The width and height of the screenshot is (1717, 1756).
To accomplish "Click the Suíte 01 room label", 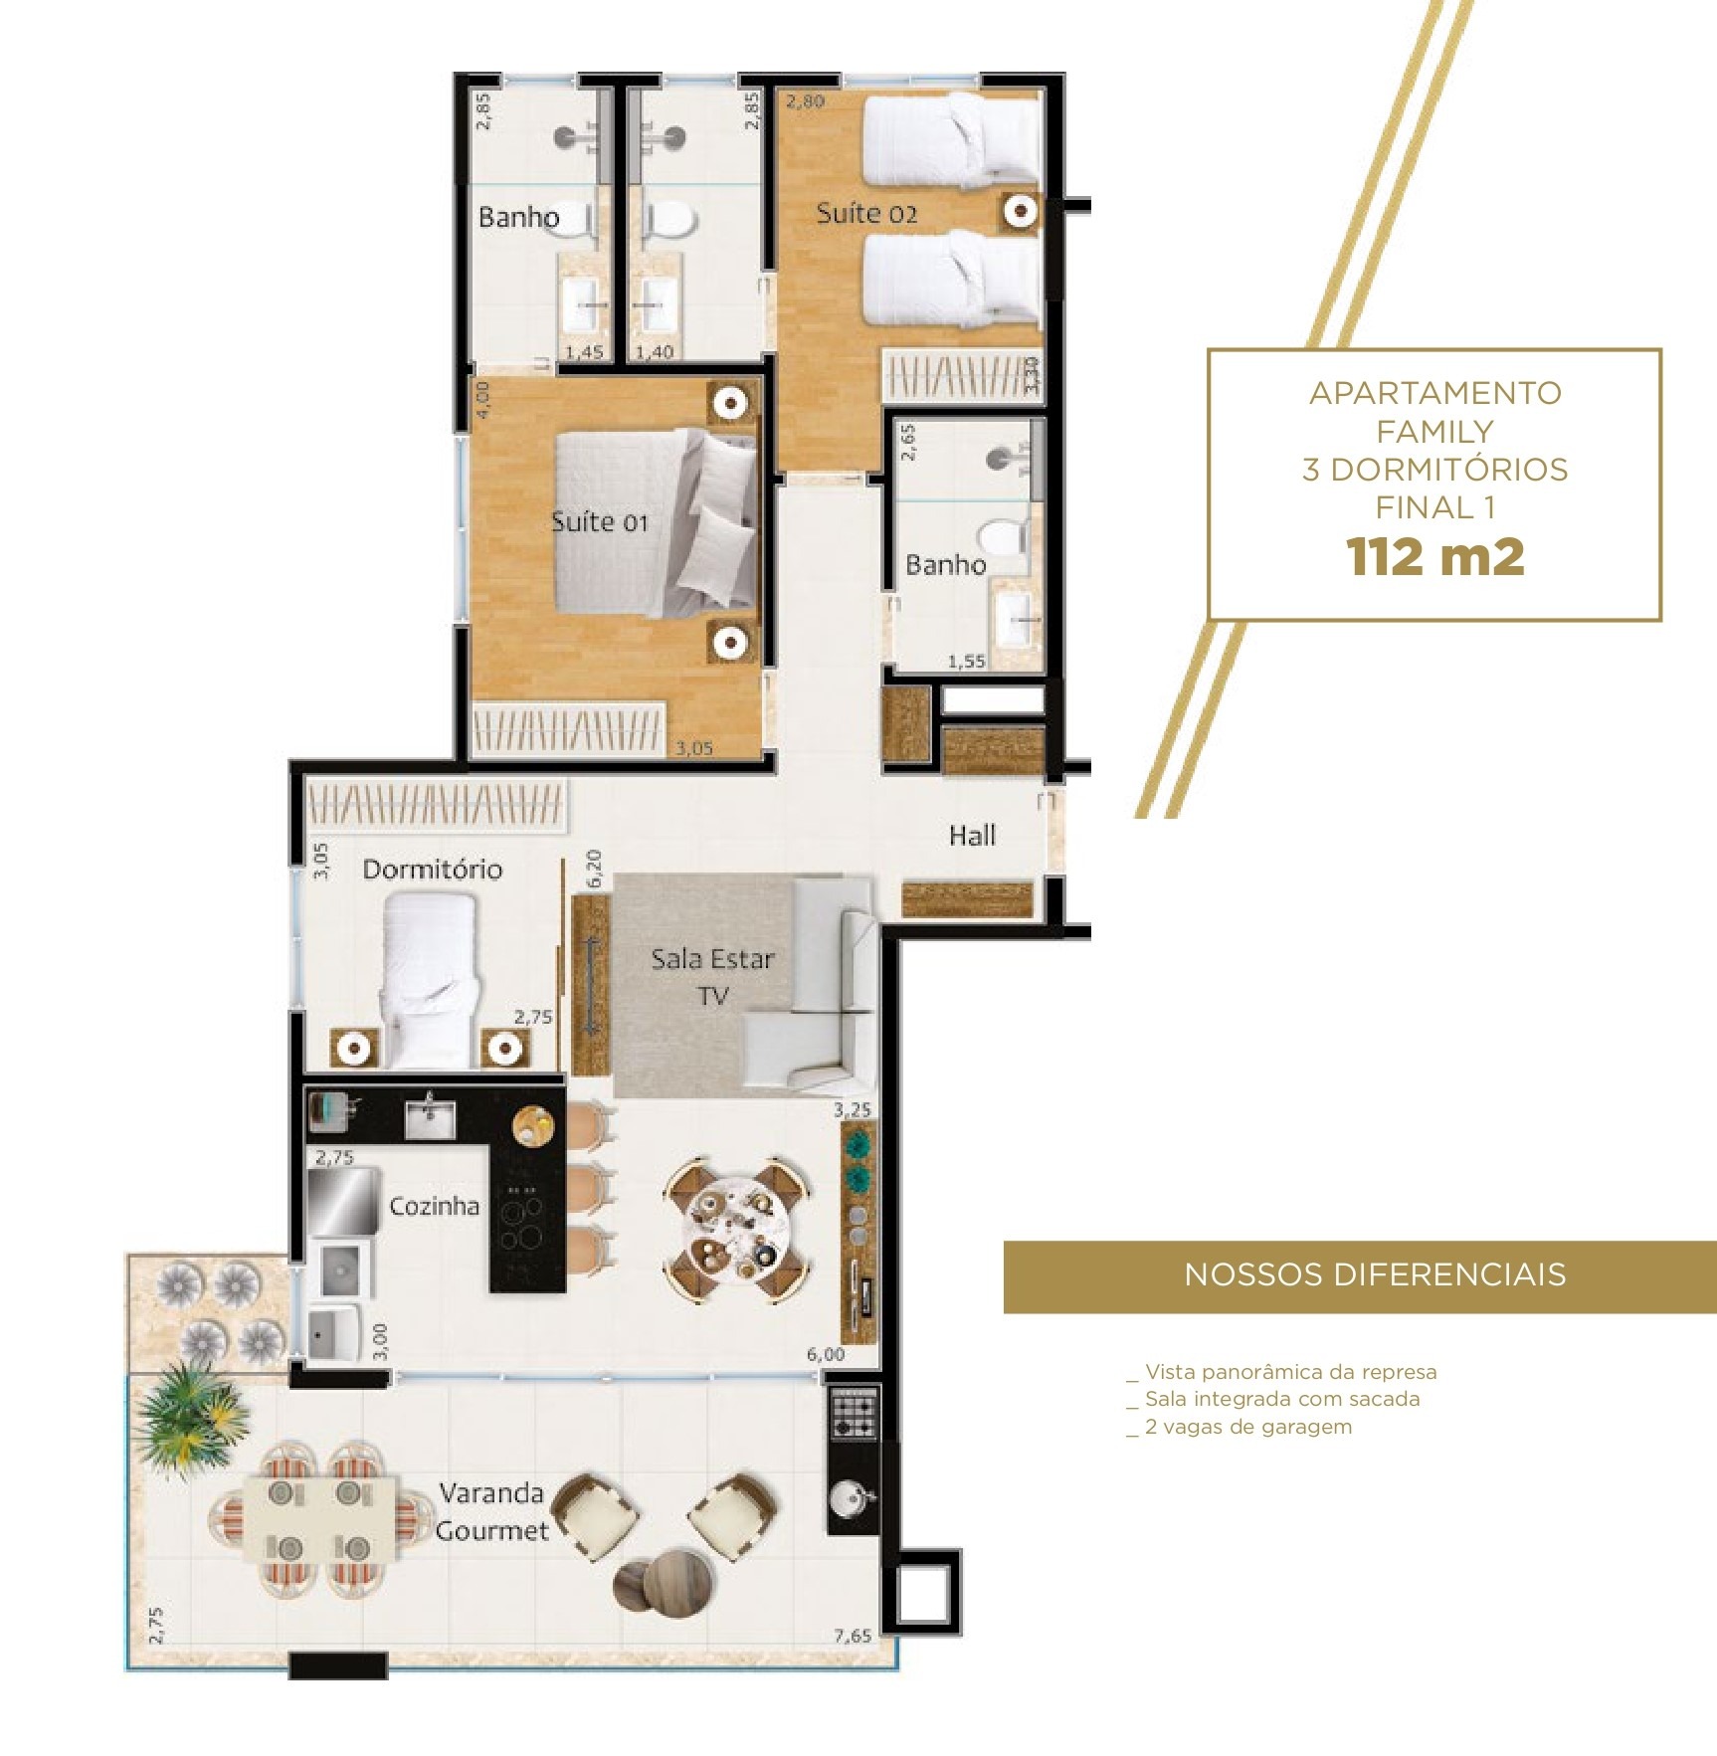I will tap(599, 522).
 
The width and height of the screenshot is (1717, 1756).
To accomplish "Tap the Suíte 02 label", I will tap(865, 214).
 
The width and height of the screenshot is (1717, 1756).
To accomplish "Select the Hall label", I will tap(971, 836).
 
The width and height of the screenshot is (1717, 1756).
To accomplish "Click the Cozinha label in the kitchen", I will tap(434, 1206).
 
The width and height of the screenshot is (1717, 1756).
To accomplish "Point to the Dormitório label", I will tap(432, 870).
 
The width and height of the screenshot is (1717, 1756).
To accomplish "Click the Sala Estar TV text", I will tap(712, 976).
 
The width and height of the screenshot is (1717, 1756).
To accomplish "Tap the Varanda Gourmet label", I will tap(492, 1511).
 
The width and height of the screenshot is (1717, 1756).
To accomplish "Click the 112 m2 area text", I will tap(1434, 557).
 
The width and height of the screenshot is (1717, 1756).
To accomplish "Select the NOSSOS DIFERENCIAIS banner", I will tap(1360, 1275).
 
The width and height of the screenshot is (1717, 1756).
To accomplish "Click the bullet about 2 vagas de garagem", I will tap(1247, 1427).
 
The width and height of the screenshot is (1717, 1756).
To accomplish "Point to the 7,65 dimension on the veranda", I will tap(853, 1636).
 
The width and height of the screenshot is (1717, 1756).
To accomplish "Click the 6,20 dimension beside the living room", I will tap(595, 869).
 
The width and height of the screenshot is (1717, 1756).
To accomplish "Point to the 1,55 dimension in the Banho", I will tap(966, 661).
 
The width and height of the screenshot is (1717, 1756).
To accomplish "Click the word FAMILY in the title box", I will tap(1434, 432).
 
